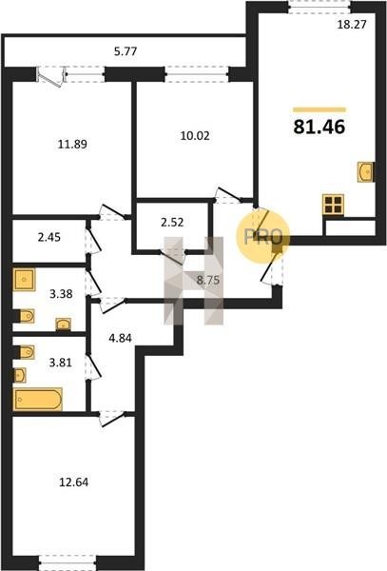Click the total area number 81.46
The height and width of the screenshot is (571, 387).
click(x=319, y=128)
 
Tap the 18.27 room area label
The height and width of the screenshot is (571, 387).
click(x=352, y=25)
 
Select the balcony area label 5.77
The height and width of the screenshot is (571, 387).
click(x=126, y=51)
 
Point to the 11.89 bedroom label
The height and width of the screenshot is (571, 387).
click(x=73, y=145)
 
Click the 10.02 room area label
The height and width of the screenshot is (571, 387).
click(x=195, y=136)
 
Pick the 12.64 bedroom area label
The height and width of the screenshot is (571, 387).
click(x=73, y=482)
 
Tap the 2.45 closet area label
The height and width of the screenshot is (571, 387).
click(x=49, y=237)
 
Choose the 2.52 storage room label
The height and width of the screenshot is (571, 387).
click(x=172, y=222)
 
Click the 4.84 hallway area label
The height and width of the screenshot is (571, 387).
click(x=121, y=338)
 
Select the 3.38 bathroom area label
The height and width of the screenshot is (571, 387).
click(x=61, y=293)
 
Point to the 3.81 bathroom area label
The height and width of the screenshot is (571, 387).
click(x=61, y=363)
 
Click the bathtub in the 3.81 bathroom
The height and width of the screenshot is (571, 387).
click(x=38, y=400)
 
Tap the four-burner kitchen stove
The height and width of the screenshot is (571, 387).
click(x=333, y=205)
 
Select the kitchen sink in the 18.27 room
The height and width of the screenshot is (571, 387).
click(x=365, y=172)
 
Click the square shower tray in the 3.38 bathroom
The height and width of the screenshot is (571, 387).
click(x=25, y=280)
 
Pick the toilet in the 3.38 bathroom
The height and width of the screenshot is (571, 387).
click(x=27, y=316)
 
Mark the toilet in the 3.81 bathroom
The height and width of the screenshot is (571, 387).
click(x=27, y=352)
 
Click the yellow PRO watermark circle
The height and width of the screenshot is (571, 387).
click(x=262, y=237)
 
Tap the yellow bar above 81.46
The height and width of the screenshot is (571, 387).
click(x=319, y=109)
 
